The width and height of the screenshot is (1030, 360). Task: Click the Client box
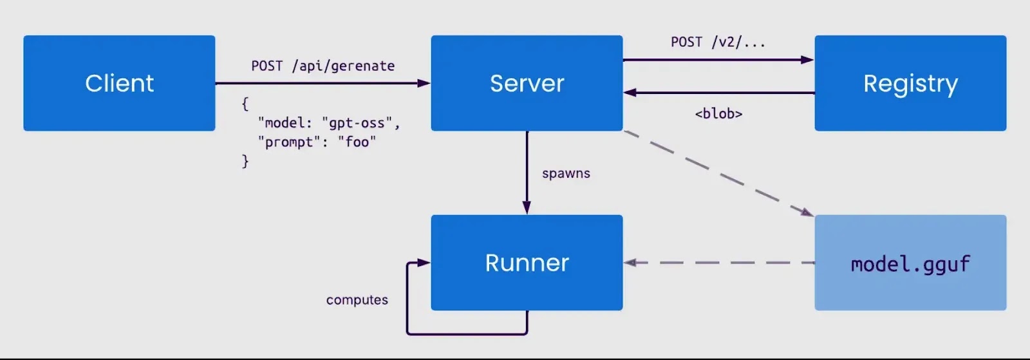(119, 83)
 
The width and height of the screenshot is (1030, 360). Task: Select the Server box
(527, 83)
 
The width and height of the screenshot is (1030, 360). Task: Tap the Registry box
(910, 83)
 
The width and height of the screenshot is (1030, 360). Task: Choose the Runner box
(527, 263)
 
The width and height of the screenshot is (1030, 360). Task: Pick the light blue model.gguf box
(910, 263)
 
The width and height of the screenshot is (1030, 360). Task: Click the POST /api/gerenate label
(323, 66)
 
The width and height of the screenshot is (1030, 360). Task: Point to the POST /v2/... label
(718, 43)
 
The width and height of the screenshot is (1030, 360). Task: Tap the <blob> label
(718, 114)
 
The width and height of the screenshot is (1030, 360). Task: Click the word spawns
(566, 173)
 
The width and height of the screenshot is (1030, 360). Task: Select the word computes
(357, 300)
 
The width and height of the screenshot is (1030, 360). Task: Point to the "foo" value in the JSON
(357, 142)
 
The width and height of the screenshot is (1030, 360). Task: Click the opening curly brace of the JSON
(245, 104)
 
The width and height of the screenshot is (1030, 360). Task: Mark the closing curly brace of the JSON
(245, 161)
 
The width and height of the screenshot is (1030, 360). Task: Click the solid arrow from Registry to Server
(718, 93)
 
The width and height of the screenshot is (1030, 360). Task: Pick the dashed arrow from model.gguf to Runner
(718, 263)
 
